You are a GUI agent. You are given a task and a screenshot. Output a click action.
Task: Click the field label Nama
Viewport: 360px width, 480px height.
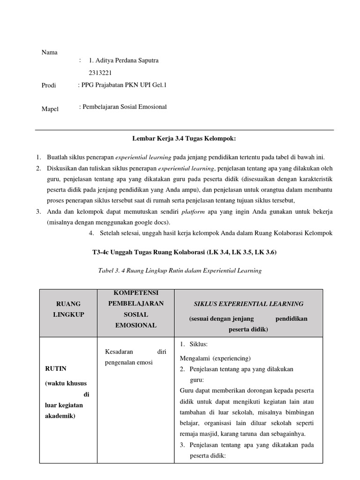(49, 52)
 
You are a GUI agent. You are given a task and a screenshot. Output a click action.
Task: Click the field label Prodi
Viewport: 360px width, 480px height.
(49, 85)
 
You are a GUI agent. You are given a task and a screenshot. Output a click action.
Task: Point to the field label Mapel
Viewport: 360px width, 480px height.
(50, 109)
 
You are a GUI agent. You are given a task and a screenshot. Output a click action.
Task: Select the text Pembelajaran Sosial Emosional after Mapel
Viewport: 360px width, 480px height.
(124, 107)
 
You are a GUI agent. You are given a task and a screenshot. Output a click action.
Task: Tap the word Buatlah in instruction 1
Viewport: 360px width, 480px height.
(56, 157)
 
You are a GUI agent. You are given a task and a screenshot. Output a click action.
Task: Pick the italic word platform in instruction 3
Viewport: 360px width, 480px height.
(193, 211)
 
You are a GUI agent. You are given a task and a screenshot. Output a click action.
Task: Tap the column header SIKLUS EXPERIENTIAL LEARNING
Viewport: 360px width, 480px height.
(248, 304)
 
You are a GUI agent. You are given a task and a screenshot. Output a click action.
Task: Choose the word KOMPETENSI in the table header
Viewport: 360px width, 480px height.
(135, 293)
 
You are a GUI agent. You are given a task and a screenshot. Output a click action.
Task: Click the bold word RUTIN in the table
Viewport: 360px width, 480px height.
(56, 369)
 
